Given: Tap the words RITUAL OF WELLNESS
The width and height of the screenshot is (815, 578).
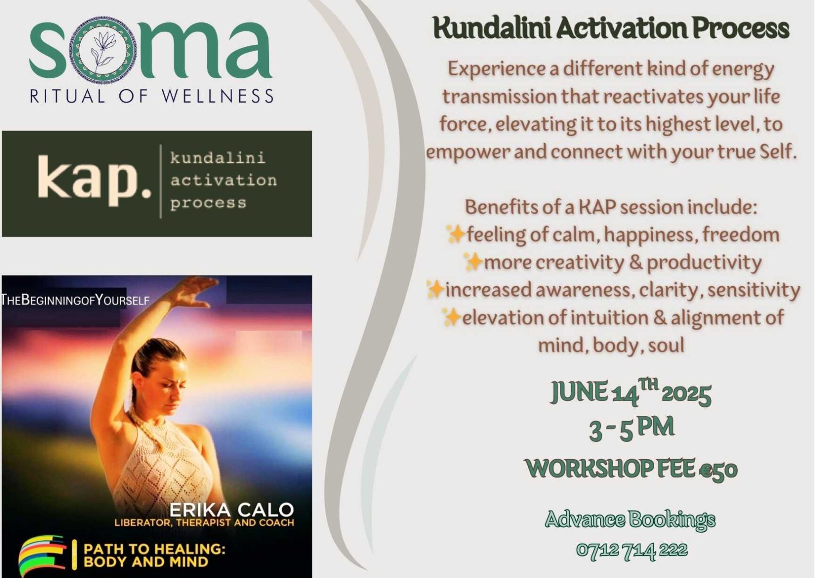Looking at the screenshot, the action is pos(151,96).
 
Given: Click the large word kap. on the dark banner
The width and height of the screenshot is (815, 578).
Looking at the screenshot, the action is pos(94,180).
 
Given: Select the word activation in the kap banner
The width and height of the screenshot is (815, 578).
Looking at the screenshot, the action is pos(224,180).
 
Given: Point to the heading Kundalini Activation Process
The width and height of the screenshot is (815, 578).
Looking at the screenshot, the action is pos(611,28).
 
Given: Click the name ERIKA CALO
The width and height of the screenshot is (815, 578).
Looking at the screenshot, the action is pos(232,510).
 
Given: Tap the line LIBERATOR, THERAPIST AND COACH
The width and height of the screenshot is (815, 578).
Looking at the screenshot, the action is pos(204,523).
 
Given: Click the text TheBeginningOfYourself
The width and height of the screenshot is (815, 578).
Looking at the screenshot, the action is pos(75,300).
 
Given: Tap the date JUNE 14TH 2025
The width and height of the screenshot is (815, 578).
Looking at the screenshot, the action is pos(631,392).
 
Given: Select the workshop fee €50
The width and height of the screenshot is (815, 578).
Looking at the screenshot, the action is pos(631,469).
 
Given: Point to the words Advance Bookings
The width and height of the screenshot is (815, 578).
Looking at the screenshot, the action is pos(630,520).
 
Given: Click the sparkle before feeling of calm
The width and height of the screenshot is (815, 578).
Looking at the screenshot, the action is pos(456,234).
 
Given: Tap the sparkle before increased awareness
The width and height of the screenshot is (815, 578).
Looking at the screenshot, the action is pos(435,289).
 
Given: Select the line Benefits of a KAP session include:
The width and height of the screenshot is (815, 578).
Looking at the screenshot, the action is pos(611,207).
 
